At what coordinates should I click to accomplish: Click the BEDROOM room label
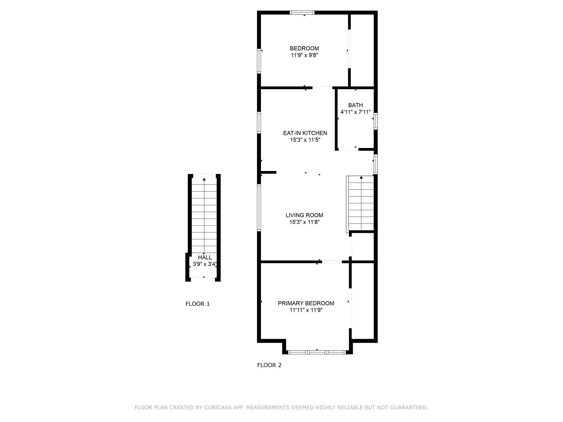pyautogui.click(x=304, y=48)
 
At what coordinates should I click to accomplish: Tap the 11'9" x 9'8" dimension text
pyautogui.click(x=304, y=55)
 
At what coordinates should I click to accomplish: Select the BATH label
pyautogui.click(x=355, y=105)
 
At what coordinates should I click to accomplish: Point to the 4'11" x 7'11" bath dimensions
pyautogui.click(x=355, y=112)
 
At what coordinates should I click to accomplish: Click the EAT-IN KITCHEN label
pyautogui.click(x=305, y=133)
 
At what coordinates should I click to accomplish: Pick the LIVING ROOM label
pyautogui.click(x=304, y=215)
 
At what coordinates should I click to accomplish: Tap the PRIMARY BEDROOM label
pyautogui.click(x=306, y=303)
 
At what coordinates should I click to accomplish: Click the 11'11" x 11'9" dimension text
pyautogui.click(x=306, y=310)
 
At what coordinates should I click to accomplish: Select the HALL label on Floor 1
pyautogui.click(x=205, y=257)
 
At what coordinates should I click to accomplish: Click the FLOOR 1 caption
pyautogui.click(x=198, y=304)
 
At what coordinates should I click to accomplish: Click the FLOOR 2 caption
pyautogui.click(x=269, y=365)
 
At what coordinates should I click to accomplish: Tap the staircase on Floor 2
pyautogui.click(x=361, y=204)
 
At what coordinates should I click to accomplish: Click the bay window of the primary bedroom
pyautogui.click(x=317, y=352)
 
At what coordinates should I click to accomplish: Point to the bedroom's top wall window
pyautogui.click(x=302, y=12)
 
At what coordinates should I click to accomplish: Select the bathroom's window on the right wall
pyautogui.click(x=376, y=121)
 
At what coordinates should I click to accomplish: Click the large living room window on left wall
pyautogui.click(x=259, y=208)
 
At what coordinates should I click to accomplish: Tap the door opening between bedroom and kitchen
pyautogui.click(x=322, y=87)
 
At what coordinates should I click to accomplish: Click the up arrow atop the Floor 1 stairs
pyautogui.click(x=204, y=179)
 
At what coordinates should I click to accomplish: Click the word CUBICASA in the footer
pyautogui.click(x=218, y=407)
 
